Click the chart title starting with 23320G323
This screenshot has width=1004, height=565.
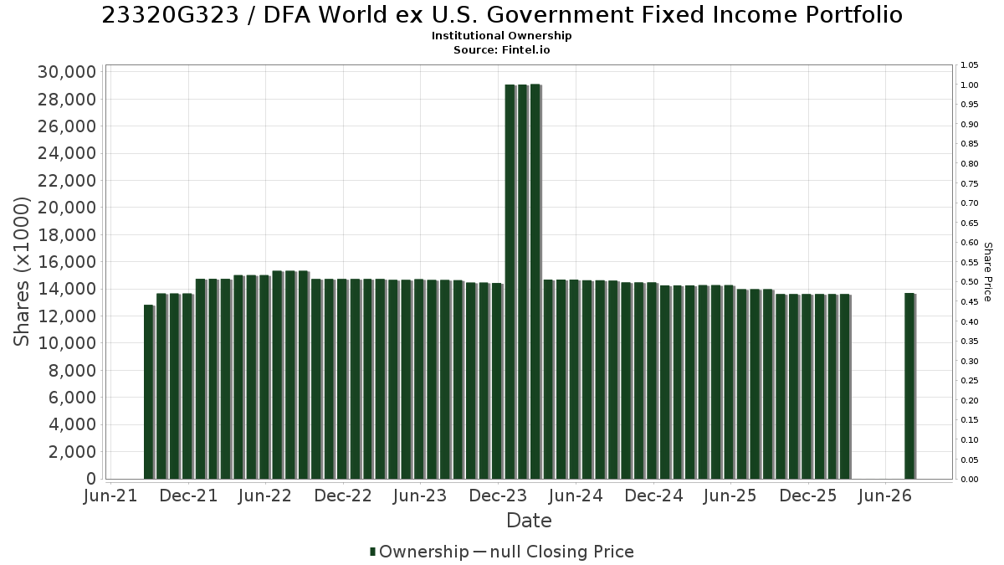(x=502, y=15)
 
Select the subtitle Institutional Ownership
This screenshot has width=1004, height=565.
(x=501, y=36)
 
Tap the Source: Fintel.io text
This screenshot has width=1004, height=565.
(x=501, y=49)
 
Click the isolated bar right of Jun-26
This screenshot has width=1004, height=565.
(x=910, y=386)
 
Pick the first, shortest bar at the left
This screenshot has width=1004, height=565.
(x=149, y=392)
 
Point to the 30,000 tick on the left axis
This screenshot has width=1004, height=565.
(x=67, y=72)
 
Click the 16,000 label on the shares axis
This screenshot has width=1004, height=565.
(x=67, y=262)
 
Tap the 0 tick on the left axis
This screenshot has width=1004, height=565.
(x=91, y=479)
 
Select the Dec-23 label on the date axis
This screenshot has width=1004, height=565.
(x=498, y=496)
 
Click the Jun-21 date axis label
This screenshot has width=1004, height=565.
(x=110, y=496)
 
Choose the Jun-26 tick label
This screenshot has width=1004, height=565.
(x=885, y=496)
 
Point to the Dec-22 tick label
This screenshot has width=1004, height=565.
(x=343, y=496)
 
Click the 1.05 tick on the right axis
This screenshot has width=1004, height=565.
(x=970, y=65)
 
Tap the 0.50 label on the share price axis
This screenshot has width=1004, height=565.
(x=970, y=282)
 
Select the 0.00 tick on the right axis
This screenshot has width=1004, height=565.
(x=970, y=480)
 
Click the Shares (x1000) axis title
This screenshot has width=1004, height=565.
(x=21, y=272)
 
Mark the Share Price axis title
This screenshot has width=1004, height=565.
(x=988, y=272)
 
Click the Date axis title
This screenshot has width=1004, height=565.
(x=529, y=521)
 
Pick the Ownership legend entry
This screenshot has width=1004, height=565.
(x=419, y=552)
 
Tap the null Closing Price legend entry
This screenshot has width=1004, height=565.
(x=554, y=552)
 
